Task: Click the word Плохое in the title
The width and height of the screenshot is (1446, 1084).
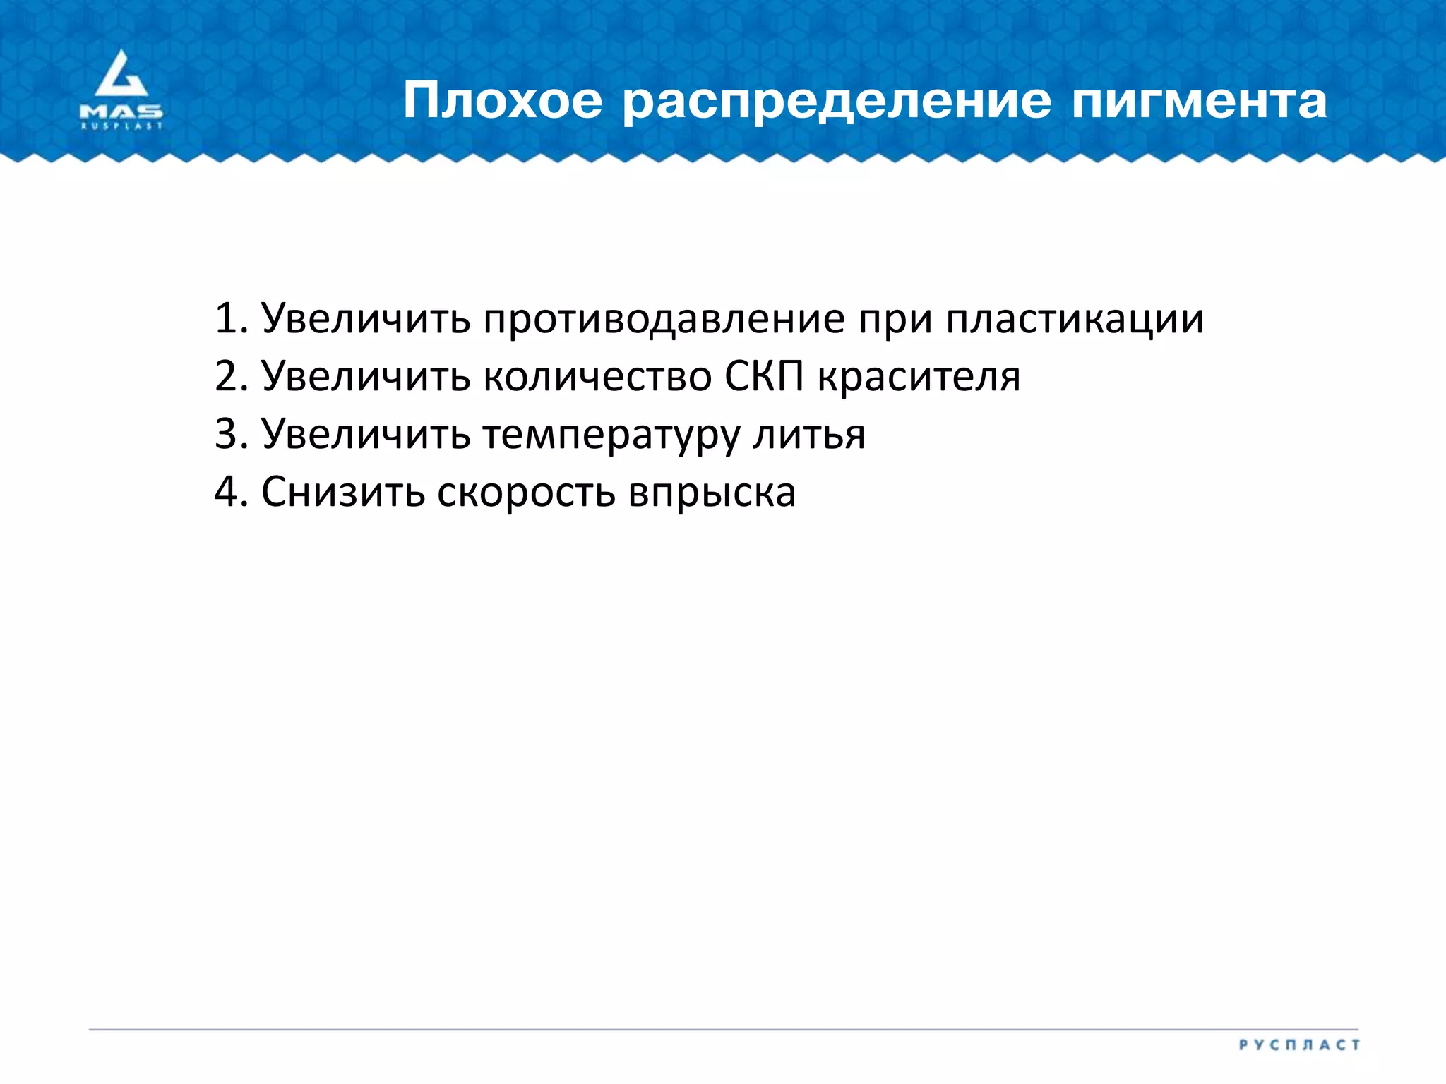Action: point(503,101)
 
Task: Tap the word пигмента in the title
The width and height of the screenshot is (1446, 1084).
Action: point(1199,101)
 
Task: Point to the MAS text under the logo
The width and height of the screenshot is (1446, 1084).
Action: point(121,112)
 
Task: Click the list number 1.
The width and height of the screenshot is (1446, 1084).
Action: point(230,318)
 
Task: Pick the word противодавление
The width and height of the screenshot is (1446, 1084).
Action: point(664,318)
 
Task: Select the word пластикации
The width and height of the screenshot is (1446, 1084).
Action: point(1075,320)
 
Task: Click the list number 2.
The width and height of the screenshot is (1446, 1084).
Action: point(230,376)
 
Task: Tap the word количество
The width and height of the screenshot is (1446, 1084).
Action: point(598,376)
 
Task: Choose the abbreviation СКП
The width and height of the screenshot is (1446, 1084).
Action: point(765,376)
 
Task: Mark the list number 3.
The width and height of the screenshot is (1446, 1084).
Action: point(230,434)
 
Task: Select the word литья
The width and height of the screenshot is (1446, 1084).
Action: point(809,434)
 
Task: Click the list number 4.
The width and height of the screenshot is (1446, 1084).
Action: point(230,492)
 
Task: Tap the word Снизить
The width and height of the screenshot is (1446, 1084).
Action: point(343,492)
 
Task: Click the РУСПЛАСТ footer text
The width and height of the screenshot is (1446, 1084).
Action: point(1299,1044)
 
